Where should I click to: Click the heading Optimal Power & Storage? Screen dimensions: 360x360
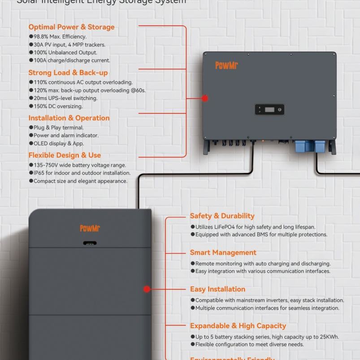pos(71,27)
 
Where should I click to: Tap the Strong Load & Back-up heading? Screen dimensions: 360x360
pos(68,73)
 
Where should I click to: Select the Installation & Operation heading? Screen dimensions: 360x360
pos(69,118)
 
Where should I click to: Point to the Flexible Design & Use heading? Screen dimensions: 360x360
pos(65,155)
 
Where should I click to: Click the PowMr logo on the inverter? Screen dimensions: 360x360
pos(226,66)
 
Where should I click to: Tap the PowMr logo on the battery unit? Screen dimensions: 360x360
pos(90,229)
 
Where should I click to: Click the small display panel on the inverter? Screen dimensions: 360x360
pos(269,109)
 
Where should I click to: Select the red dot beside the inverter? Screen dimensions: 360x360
pos(205,98)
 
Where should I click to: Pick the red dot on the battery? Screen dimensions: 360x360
pos(147,290)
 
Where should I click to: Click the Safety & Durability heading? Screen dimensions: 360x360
pos(222,216)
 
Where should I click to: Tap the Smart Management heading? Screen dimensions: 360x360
pos(223,253)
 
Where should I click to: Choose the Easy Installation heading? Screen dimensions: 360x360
pos(217,289)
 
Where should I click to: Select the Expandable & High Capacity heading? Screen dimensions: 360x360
pos(238,326)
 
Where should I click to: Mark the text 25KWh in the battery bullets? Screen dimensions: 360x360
pos(329,337)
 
